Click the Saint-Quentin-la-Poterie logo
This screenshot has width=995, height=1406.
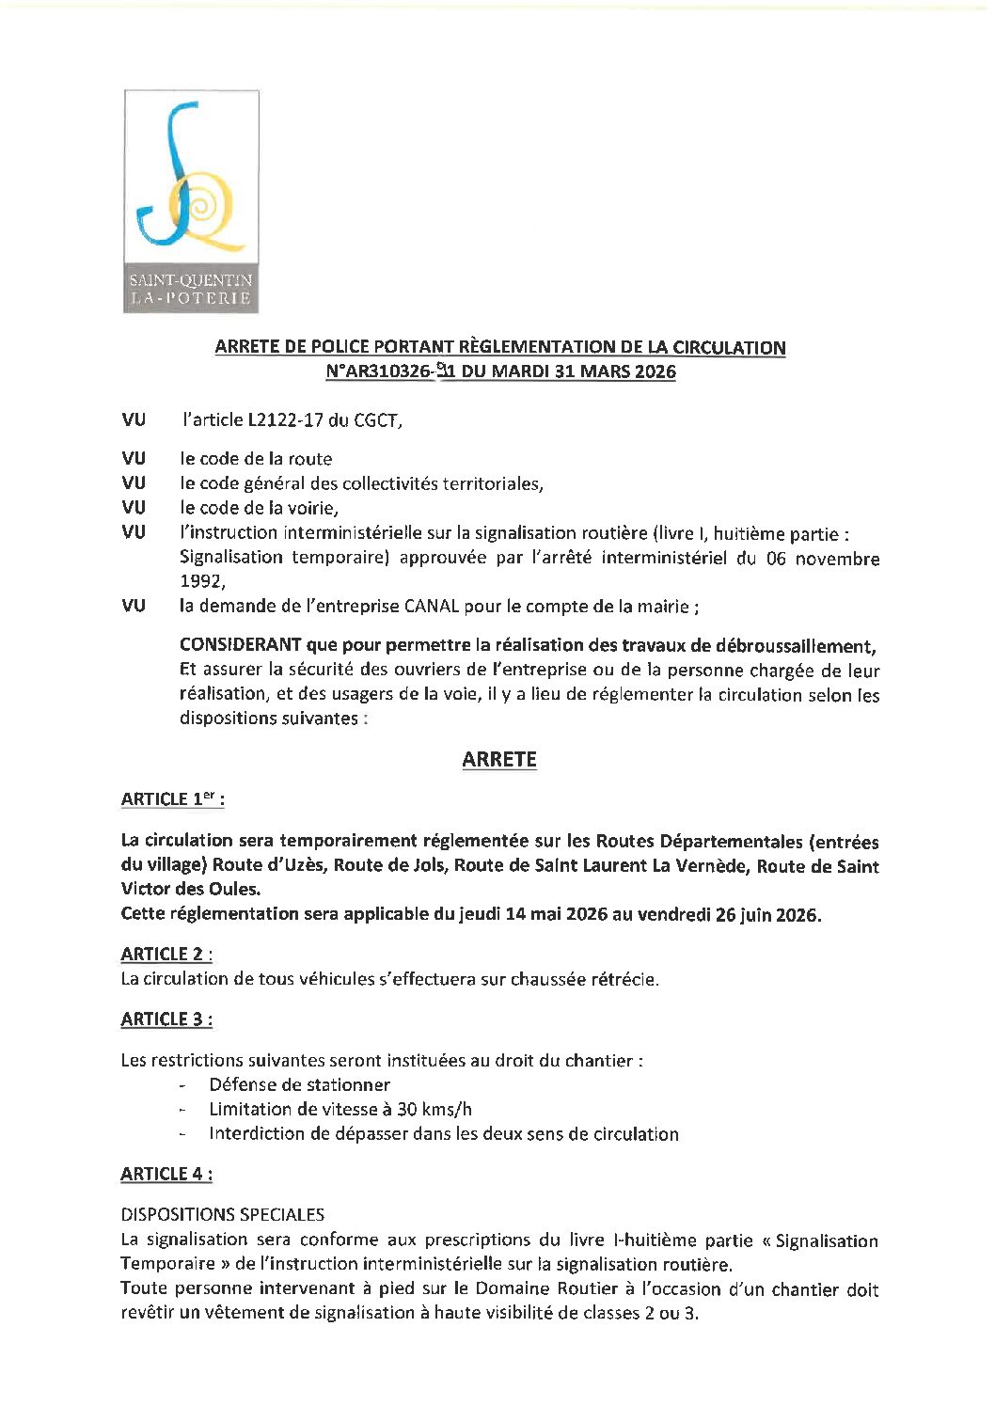pos(191,201)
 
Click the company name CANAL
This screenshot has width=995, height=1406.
pos(431,607)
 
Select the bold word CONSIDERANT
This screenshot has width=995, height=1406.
pos(240,645)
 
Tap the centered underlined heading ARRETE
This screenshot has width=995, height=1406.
pos(499,760)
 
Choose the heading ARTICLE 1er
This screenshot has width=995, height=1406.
pos(172,799)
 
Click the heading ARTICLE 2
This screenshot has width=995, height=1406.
pos(166,954)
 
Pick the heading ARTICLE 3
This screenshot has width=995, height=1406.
pos(166,1019)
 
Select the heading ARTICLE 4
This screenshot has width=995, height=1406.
pos(166,1174)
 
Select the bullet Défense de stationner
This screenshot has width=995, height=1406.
pos(299,1085)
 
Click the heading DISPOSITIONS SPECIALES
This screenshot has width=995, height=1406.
pos(222,1214)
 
